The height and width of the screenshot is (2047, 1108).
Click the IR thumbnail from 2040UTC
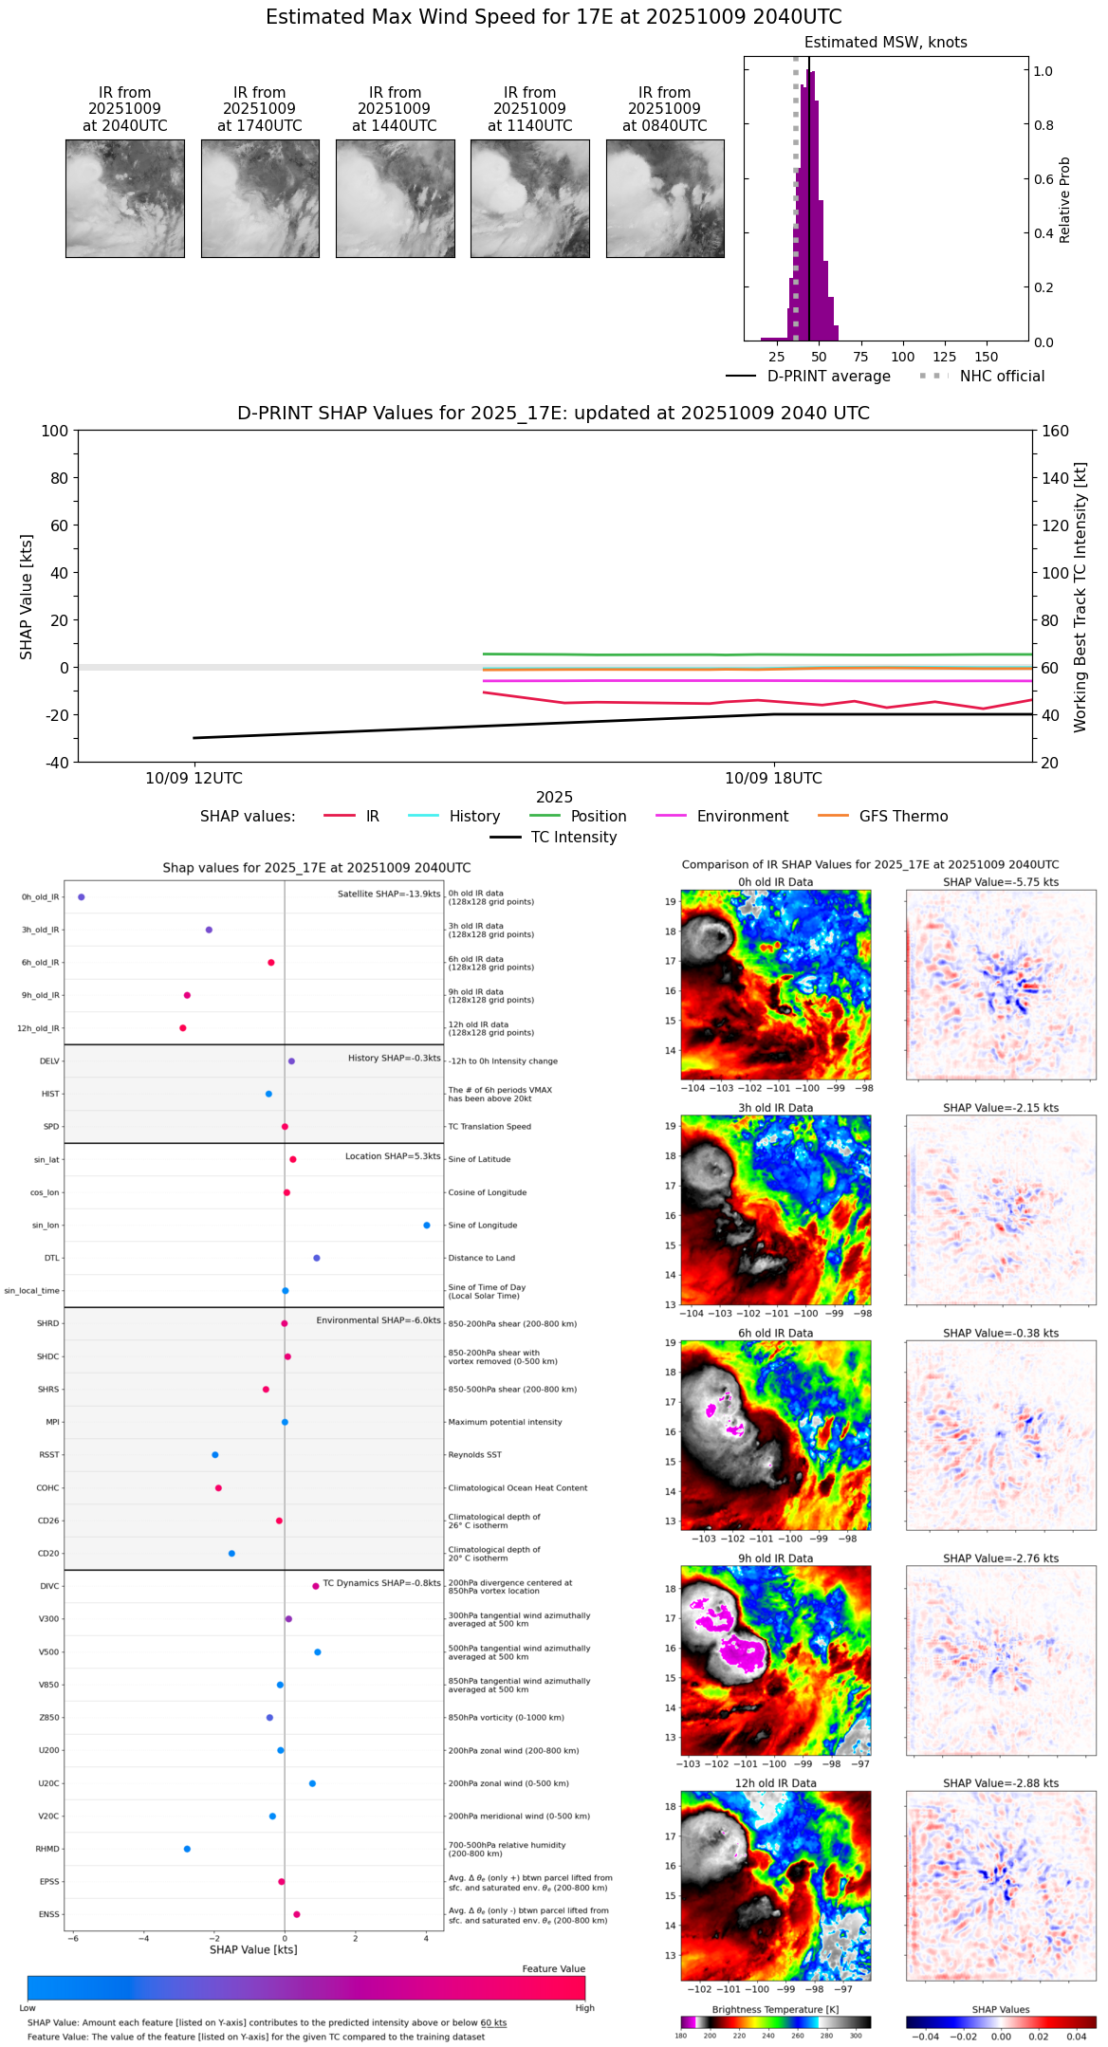pyautogui.click(x=124, y=198)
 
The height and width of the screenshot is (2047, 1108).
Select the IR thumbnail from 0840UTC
pyautogui.click(x=665, y=198)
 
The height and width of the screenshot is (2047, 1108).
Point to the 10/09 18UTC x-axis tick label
pyautogui.click(x=773, y=779)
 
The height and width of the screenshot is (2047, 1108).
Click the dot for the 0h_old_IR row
pyautogui.click(x=82, y=896)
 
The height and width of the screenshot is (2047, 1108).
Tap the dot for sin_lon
pyautogui.click(x=427, y=1226)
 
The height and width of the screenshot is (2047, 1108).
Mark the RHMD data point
pyautogui.click(x=187, y=1849)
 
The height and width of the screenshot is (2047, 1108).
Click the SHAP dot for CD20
pyautogui.click(x=231, y=1554)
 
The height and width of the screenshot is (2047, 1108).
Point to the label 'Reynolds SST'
pyautogui.click(x=475, y=1455)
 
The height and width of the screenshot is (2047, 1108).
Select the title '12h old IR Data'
pyautogui.click(x=775, y=1783)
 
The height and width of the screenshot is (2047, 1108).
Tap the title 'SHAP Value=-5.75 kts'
pyautogui.click(x=1001, y=882)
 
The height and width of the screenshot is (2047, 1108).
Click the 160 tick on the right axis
pyautogui.click(x=1055, y=432)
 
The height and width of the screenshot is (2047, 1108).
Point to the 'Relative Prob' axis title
pyautogui.click(x=1064, y=199)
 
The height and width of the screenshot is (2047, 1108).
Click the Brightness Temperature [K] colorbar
pyautogui.click(x=775, y=2022)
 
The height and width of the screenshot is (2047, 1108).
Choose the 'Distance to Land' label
pyautogui.click(x=481, y=1258)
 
